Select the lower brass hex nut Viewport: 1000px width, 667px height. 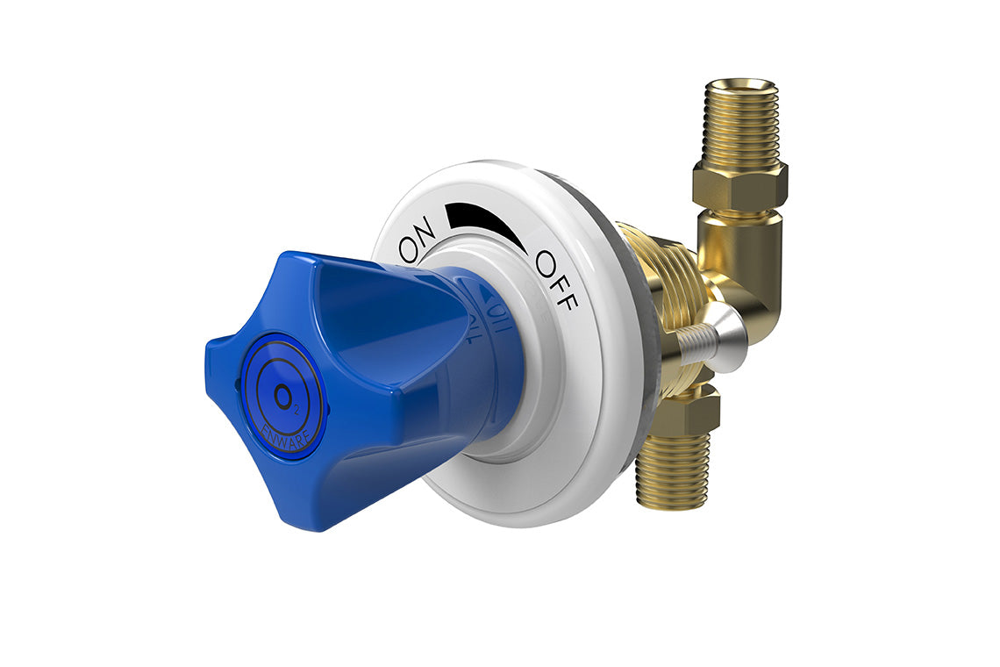[x=694, y=412]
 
